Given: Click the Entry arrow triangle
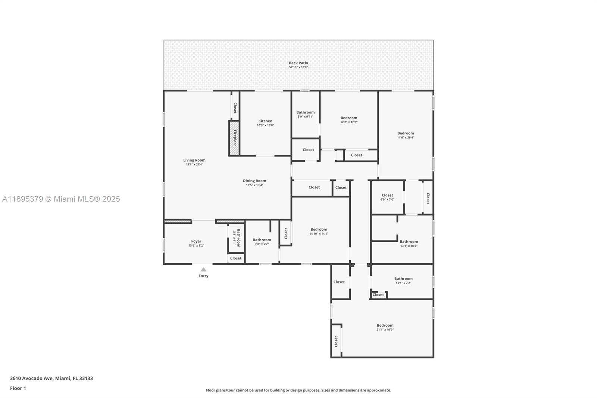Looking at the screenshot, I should tap(203, 270).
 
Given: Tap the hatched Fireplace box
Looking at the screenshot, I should tap(234, 138).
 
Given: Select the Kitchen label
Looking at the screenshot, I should tap(265, 121).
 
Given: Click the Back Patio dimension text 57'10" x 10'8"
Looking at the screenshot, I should tap(298, 68).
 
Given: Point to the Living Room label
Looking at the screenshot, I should tap(194, 160).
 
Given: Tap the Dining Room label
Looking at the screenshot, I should tap(254, 181).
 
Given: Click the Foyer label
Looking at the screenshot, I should tap(196, 241).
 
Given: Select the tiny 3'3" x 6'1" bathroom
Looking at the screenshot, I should tap(237, 237).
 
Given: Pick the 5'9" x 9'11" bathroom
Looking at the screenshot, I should tap(305, 114).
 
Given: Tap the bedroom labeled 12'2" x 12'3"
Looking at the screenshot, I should tap(348, 120).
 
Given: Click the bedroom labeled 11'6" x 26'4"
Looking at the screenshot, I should tap(405, 135).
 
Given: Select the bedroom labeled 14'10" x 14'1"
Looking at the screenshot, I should tap(319, 231).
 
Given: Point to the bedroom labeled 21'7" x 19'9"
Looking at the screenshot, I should tap(385, 327).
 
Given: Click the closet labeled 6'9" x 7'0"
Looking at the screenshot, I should tap(387, 197).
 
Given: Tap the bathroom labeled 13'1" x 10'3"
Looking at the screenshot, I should tap(409, 243).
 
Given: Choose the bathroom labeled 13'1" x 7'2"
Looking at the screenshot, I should tap(403, 280).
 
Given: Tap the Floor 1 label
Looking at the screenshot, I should tap(18, 388).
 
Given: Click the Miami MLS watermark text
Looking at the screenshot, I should tap(61, 199).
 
